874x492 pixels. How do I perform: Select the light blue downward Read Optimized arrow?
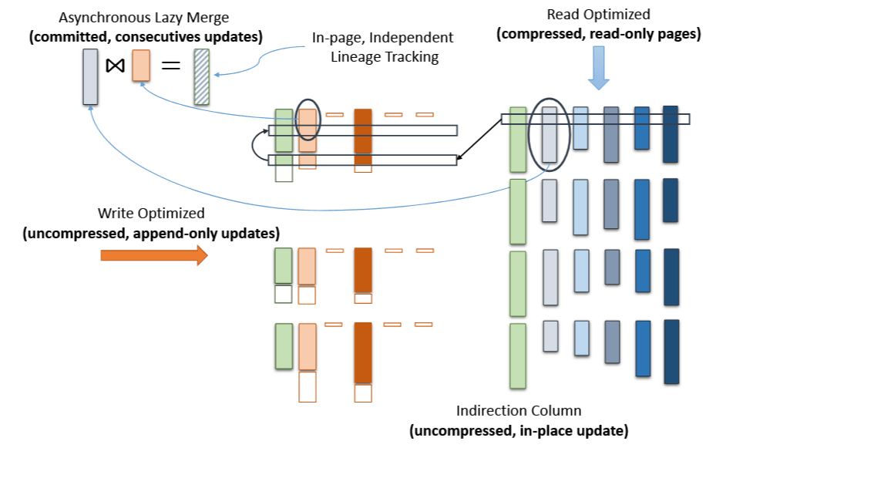click(599, 68)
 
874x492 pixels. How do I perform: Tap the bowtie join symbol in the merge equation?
click(115, 66)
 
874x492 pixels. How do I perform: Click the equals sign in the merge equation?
click(170, 66)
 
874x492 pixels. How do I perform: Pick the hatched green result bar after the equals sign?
click(201, 76)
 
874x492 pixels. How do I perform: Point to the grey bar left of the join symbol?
click(90, 76)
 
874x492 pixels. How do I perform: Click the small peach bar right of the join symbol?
click(140, 66)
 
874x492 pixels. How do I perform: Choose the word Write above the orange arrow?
click(115, 213)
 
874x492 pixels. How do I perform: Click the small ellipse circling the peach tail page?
click(308, 120)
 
